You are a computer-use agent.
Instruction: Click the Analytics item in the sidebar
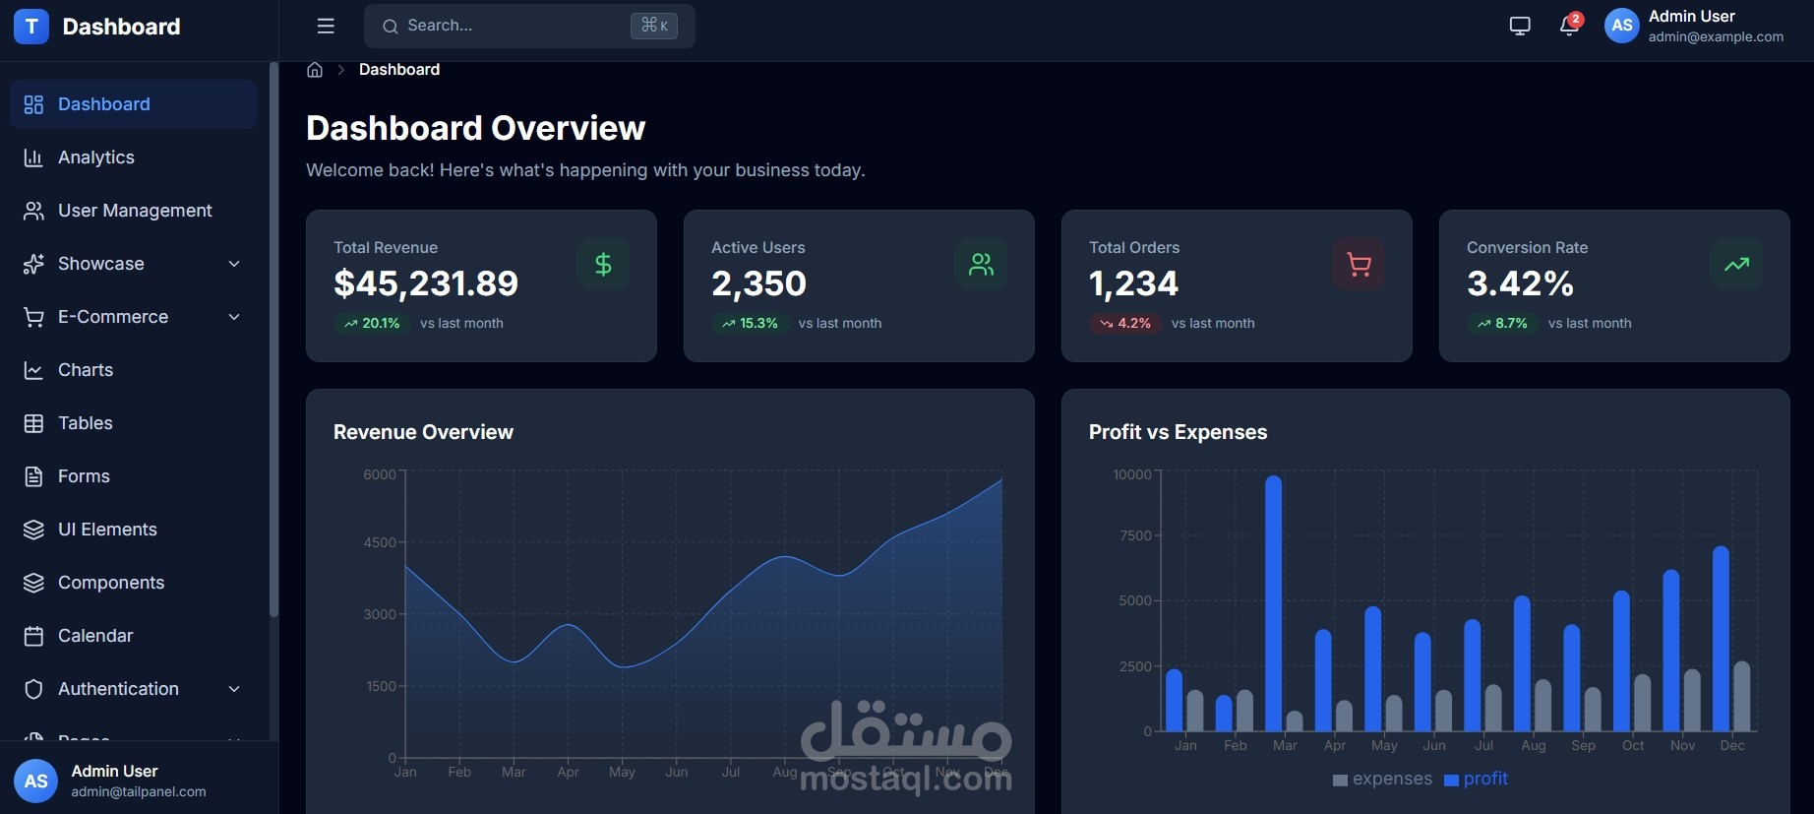[95, 157]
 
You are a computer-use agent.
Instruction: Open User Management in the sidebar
[135, 211]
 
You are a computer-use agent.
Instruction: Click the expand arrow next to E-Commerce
[234, 317]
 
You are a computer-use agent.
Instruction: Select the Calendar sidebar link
[94, 636]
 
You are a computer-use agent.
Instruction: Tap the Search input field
[512, 26]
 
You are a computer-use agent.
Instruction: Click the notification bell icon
[1569, 26]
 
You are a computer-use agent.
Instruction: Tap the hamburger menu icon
[326, 26]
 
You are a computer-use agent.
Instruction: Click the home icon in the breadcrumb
[315, 70]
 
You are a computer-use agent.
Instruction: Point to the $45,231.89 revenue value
[426, 283]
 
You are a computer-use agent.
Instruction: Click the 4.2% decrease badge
[1125, 323]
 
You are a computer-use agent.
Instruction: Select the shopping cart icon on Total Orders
[1359, 264]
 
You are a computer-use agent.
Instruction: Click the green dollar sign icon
[603, 264]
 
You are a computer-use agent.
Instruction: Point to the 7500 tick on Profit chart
[1135, 535]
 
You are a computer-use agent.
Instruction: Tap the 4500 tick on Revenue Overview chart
[380, 542]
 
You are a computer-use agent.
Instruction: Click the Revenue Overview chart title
[423, 432]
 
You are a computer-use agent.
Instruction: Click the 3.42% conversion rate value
[1520, 283]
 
